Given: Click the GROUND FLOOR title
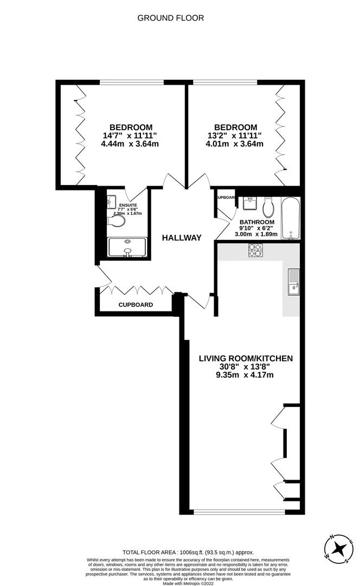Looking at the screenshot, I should click(170, 18).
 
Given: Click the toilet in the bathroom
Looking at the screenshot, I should click(268, 206).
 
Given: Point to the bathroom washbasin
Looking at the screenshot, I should click(250, 203).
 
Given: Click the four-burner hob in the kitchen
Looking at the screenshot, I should click(255, 250).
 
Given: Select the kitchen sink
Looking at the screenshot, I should click(293, 282).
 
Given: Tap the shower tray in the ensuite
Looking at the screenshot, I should click(127, 247).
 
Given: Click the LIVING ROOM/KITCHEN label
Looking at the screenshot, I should click(246, 358).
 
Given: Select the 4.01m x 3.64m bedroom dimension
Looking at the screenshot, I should click(235, 144).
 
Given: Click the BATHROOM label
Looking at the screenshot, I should click(258, 222).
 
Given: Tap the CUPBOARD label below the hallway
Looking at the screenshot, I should click(136, 305).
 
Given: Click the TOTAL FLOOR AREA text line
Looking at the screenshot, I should click(188, 552).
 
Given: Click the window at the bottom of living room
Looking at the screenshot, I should click(239, 512).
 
